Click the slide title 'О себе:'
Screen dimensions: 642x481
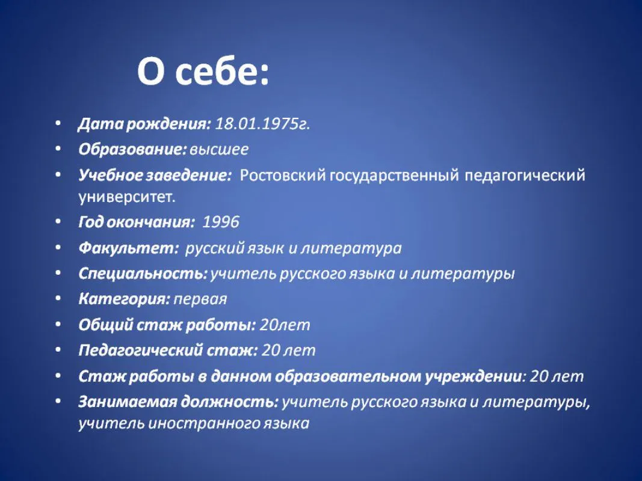(203, 72)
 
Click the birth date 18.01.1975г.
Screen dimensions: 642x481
(262, 123)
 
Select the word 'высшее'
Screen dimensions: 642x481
(219, 149)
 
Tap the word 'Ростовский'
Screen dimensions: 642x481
(283, 175)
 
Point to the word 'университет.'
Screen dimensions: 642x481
(127, 197)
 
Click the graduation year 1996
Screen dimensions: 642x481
(221, 222)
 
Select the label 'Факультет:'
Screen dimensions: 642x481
(129, 248)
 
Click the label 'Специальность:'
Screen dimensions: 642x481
(143, 274)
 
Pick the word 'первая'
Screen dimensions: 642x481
(200, 299)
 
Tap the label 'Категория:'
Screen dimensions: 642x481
(124, 299)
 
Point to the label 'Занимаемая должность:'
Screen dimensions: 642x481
(178, 402)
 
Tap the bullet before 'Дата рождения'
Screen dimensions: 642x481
(58, 123)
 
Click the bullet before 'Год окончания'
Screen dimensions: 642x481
(58, 222)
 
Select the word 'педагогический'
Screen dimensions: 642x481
(525, 176)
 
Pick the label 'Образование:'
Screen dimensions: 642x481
(132, 149)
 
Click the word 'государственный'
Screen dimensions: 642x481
(394, 176)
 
